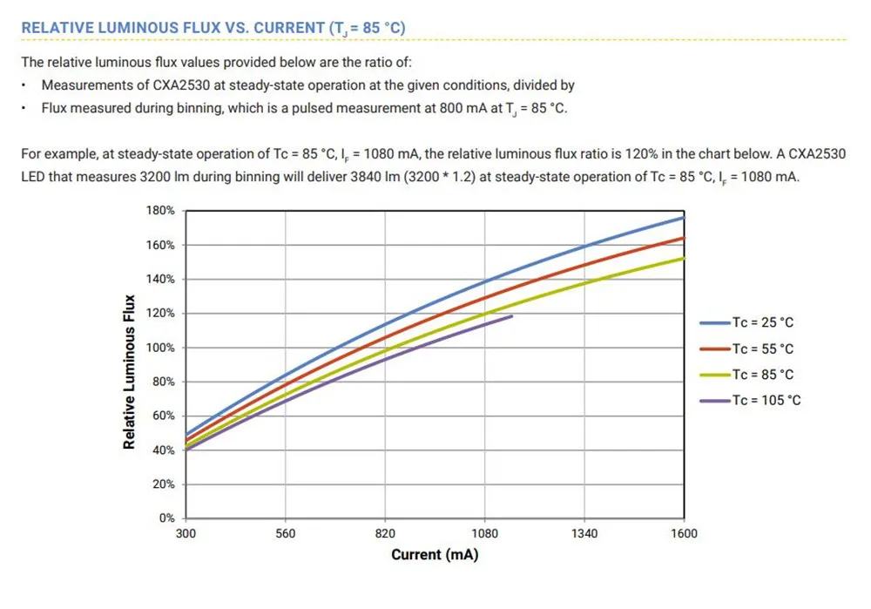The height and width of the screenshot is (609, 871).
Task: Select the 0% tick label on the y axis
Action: click(167, 518)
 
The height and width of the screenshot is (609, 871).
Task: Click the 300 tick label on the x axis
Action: click(186, 533)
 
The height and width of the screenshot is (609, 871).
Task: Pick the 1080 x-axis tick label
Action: click(484, 533)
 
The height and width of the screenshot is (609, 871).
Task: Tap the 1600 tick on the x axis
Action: click(684, 533)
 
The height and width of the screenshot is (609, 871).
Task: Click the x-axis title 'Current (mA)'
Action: click(435, 555)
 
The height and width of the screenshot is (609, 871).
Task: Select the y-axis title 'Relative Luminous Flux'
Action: click(130, 372)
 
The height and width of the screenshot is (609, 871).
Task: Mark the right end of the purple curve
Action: click(512, 316)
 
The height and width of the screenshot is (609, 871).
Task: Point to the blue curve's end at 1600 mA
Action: click(683, 217)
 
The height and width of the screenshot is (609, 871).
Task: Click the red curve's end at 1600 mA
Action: click(683, 238)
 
